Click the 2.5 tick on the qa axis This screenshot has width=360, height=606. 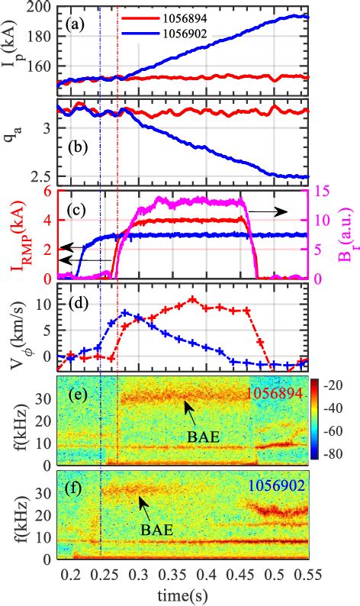pos(40,178)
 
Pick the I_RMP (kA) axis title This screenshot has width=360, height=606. pos(13,234)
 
